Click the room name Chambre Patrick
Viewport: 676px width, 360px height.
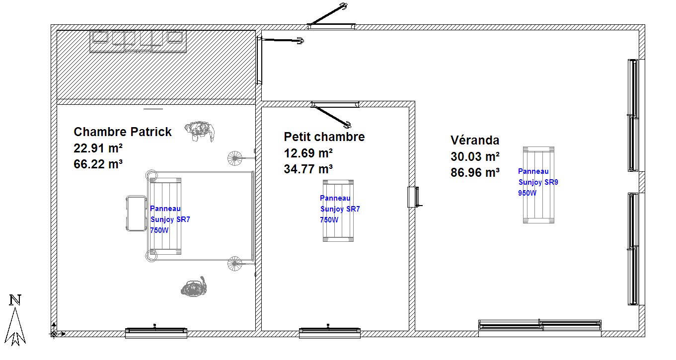[x=122, y=132]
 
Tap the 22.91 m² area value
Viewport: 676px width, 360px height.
[x=98, y=148]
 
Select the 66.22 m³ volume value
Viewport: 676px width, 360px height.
[x=98, y=164]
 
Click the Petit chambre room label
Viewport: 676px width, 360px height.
[x=324, y=137]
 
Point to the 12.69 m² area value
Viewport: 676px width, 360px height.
[x=308, y=153]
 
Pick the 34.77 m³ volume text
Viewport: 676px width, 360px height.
[x=308, y=169]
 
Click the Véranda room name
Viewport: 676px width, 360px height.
[x=475, y=141]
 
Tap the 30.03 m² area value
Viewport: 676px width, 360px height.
[x=475, y=156]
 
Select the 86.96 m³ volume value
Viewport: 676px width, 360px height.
[x=475, y=173]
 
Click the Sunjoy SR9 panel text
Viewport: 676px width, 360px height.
[x=538, y=182]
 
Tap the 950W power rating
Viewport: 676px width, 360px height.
[x=527, y=193]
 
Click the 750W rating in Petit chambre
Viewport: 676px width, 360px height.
[x=329, y=220]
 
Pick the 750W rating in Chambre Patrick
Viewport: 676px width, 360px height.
[x=159, y=230]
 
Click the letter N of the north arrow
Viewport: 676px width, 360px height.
[x=15, y=300]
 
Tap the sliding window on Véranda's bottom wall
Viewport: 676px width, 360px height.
[x=540, y=325]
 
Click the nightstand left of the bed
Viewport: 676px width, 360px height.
[x=136, y=214]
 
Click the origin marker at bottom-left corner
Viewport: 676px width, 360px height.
[x=54, y=334]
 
